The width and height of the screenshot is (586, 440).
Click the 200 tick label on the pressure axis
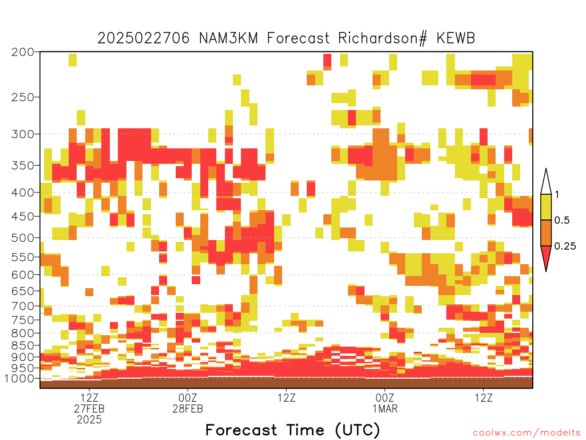(x=22, y=52)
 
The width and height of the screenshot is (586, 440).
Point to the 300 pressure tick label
(x=22, y=134)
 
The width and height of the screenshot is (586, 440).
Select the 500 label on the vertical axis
(x=22, y=238)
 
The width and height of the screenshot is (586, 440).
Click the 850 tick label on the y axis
(x=22, y=345)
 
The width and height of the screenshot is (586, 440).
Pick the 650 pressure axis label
(x=22, y=290)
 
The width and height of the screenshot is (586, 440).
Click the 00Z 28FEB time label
(x=188, y=403)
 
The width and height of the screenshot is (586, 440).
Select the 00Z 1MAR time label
(x=385, y=403)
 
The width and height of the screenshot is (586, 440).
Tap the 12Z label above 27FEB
(x=89, y=398)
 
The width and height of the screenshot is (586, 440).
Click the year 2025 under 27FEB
(x=89, y=420)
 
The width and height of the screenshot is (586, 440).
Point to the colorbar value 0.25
(x=565, y=246)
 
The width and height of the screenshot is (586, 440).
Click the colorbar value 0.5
(x=562, y=220)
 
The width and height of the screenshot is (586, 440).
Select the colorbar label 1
(x=557, y=194)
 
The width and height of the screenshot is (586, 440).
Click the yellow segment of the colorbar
(x=546, y=207)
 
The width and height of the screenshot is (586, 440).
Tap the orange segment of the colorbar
(x=546, y=233)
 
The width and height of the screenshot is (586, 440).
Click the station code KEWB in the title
(x=455, y=38)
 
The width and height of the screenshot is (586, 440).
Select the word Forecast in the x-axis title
(x=241, y=430)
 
